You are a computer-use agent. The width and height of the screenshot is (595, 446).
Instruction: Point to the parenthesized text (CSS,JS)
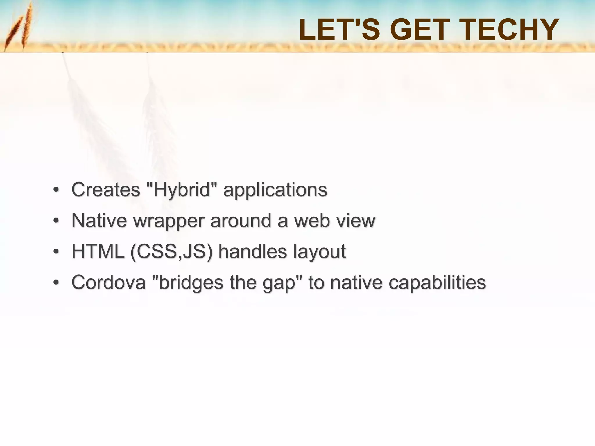click(x=171, y=252)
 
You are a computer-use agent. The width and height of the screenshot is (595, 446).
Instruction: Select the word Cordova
click(x=108, y=282)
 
